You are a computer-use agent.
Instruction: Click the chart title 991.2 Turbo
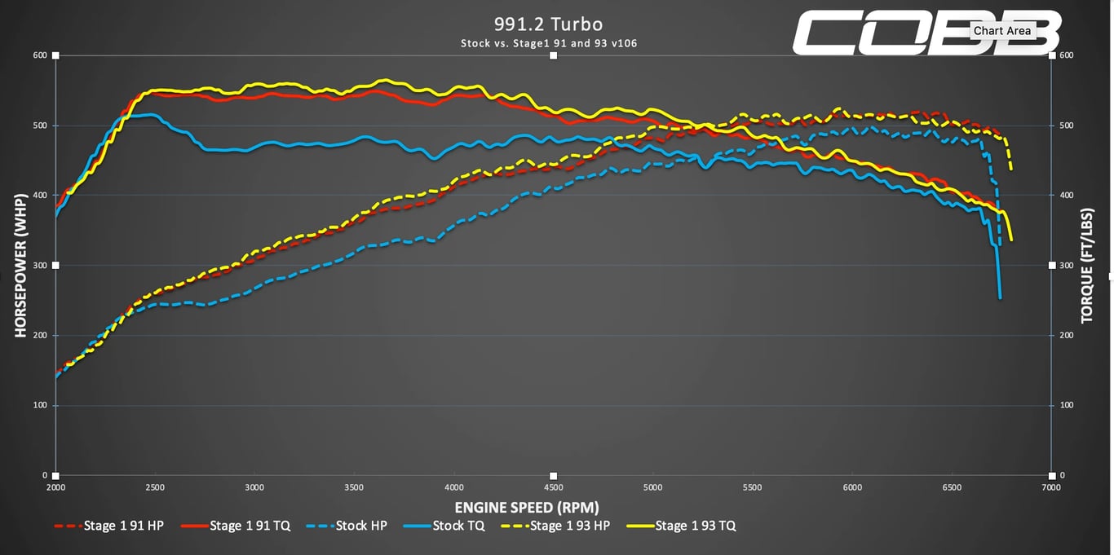(548, 24)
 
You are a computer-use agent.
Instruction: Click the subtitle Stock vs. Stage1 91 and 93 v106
(549, 43)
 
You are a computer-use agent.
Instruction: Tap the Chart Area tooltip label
(1002, 31)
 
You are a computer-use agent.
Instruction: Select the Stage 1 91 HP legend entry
(109, 526)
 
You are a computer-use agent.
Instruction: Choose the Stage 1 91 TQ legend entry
(235, 526)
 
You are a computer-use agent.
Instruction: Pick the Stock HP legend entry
(347, 526)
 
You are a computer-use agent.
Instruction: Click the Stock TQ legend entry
(444, 526)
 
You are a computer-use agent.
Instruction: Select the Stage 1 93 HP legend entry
(555, 526)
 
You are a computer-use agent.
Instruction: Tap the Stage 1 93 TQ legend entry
(681, 526)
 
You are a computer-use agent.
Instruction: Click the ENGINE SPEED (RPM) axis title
(527, 507)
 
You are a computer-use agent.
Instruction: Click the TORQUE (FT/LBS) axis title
(1087, 266)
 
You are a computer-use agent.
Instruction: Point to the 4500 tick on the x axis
(553, 487)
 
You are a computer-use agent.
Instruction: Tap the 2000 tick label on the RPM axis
(55, 487)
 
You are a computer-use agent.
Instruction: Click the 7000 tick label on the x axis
(1051, 487)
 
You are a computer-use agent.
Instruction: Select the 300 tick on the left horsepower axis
(40, 266)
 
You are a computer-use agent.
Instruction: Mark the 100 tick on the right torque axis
(1067, 405)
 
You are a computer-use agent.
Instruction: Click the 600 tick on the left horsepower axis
(40, 55)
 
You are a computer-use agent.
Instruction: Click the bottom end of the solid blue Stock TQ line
(1000, 298)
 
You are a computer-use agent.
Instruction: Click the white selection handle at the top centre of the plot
(553, 55)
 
